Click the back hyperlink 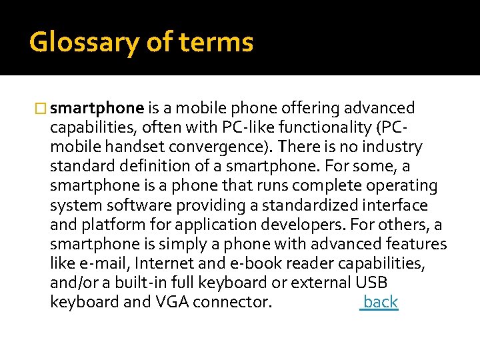[380, 302]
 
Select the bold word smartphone [97, 109]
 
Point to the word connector [232, 302]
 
